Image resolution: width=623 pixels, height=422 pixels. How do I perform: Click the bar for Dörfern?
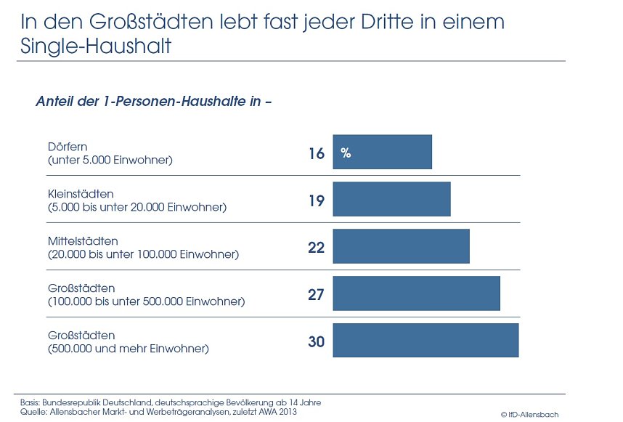[382, 152]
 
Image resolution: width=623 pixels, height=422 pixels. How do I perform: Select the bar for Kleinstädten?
[391, 199]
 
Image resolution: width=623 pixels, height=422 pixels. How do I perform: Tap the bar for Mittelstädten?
[401, 246]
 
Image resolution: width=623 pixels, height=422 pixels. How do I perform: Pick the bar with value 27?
[416, 293]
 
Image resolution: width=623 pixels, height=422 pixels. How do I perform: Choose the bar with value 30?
[425, 340]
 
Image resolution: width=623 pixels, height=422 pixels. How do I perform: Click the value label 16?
[316, 153]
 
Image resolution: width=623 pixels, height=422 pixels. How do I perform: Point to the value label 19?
[316, 200]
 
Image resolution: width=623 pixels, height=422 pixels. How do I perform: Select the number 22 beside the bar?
[316, 248]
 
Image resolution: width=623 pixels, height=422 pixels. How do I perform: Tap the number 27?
[316, 295]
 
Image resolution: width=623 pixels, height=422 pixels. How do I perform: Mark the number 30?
[316, 341]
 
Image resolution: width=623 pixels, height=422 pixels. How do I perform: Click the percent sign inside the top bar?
[346, 153]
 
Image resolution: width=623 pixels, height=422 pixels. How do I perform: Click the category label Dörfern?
[68, 147]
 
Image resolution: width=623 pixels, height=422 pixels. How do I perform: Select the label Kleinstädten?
[81, 194]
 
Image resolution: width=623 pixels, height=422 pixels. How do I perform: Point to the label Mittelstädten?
[83, 241]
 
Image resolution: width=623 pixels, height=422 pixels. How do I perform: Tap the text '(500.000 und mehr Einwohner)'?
[129, 349]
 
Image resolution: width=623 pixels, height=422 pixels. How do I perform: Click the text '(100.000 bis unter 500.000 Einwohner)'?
[146, 301]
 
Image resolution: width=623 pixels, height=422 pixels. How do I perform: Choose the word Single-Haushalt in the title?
[96, 47]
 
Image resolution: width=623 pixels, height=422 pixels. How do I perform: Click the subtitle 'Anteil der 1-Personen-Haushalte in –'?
[153, 102]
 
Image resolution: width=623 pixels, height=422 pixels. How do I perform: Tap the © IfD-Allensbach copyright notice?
[529, 414]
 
